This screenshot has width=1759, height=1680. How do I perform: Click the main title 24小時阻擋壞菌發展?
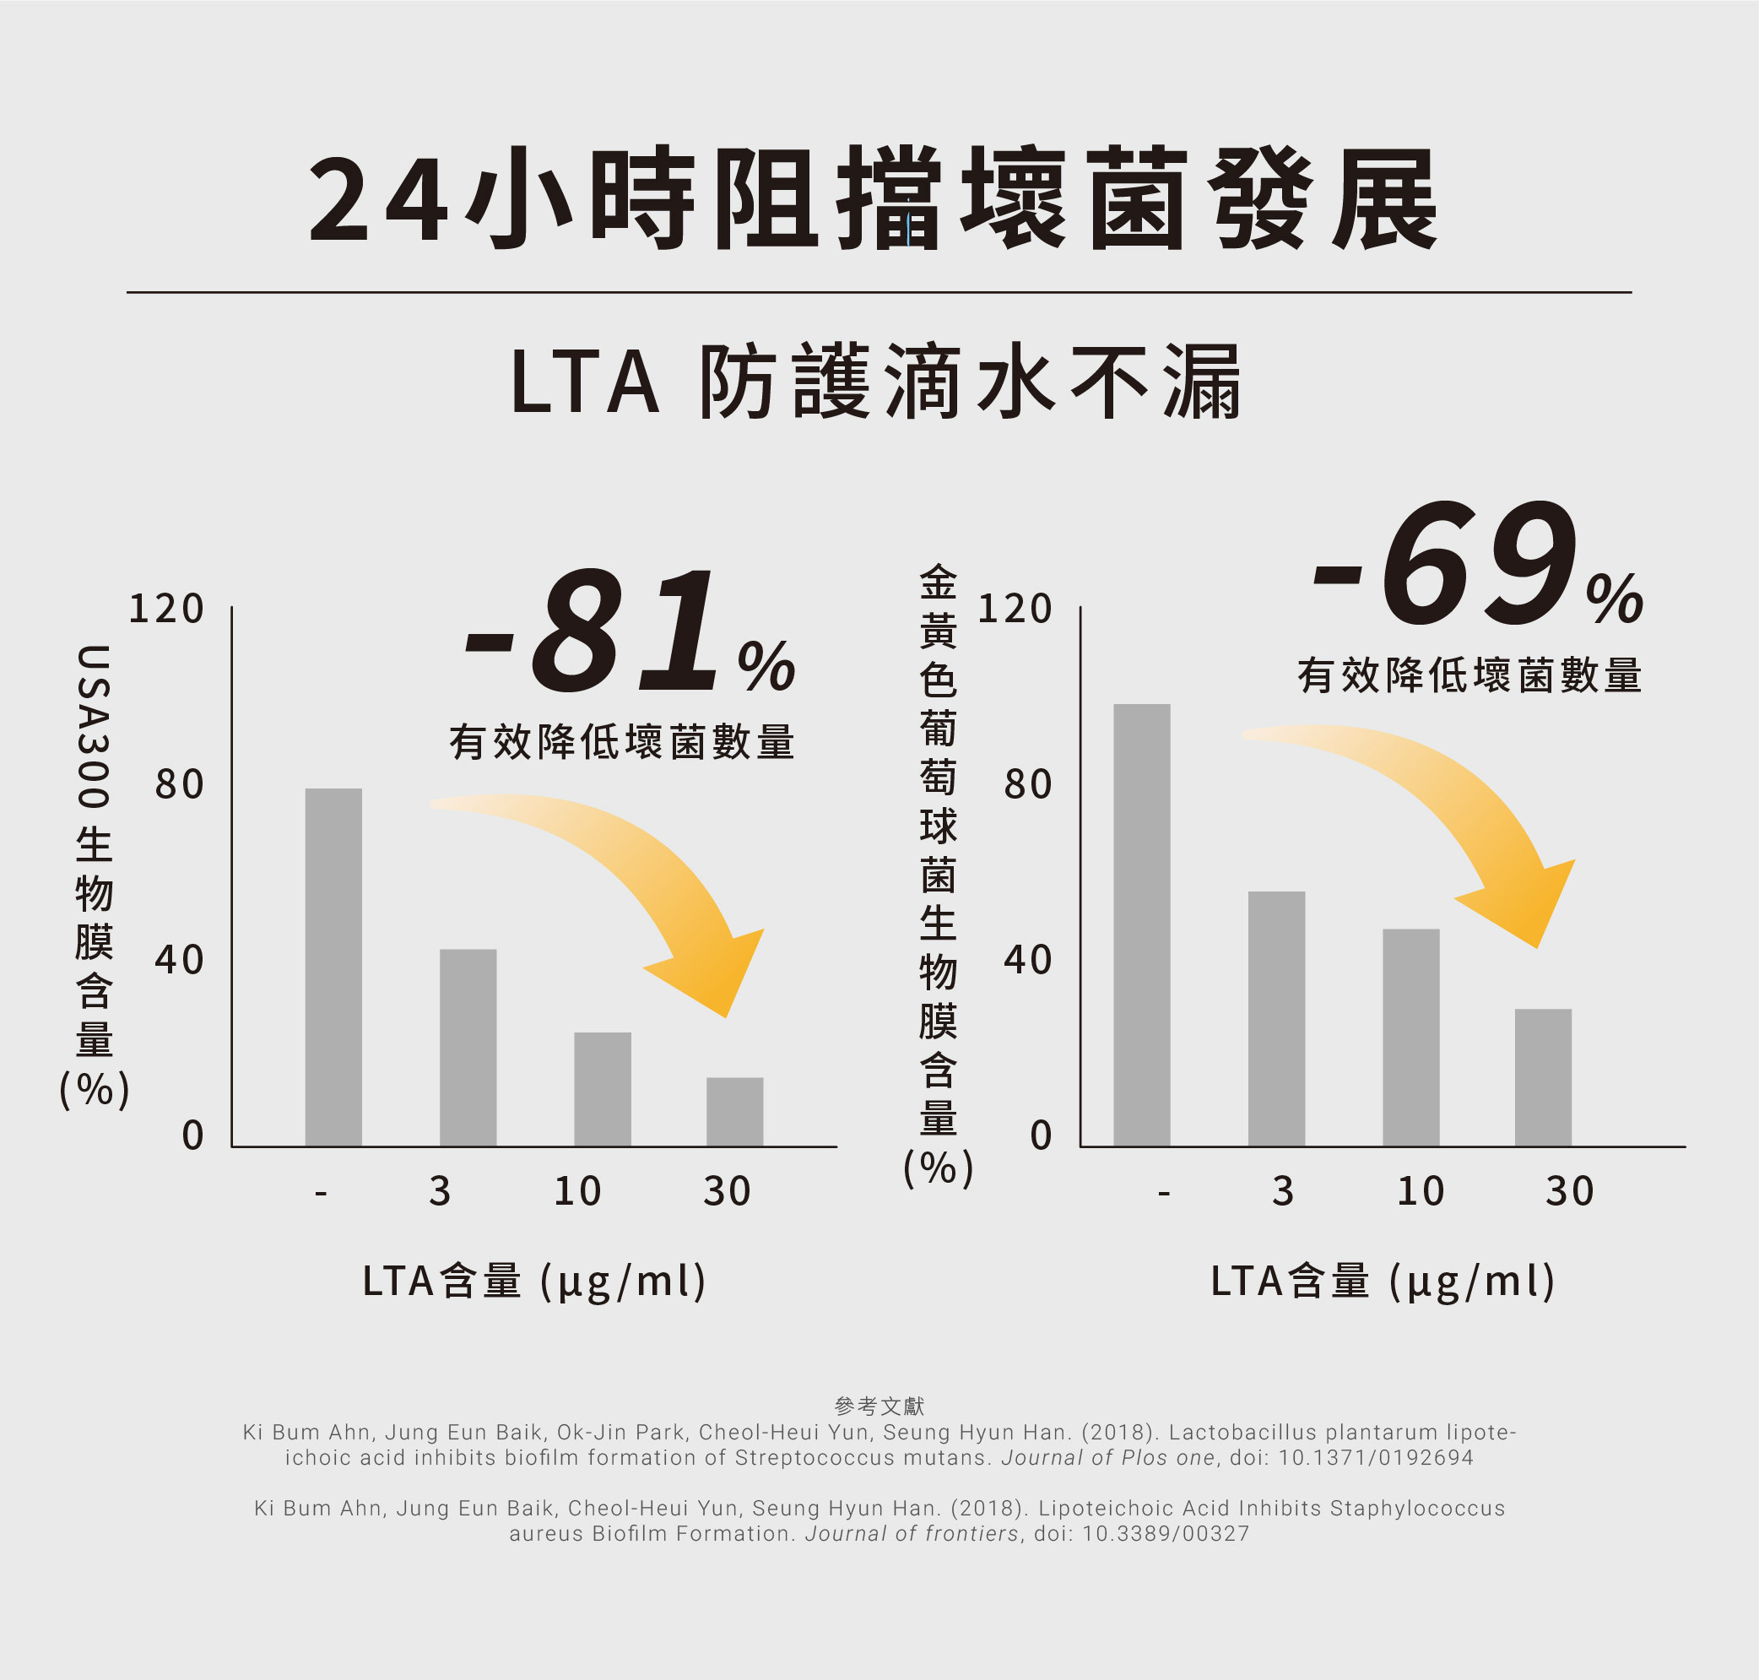click(873, 198)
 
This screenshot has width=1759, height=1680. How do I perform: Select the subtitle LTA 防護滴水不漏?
click(875, 382)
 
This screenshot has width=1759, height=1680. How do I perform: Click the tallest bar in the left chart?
click(333, 967)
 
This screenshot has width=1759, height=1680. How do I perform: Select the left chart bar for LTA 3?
click(468, 1048)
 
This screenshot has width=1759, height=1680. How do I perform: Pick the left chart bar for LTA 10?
click(602, 1089)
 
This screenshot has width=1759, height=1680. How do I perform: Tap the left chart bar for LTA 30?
click(734, 1111)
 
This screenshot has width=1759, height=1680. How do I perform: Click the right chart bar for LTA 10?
click(1410, 1037)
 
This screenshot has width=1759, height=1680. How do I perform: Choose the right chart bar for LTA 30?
click(1543, 1077)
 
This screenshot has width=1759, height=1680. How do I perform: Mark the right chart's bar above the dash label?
click(1141, 925)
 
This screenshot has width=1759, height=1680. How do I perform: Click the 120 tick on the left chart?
click(166, 610)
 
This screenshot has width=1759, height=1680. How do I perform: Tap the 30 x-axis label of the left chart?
click(727, 1192)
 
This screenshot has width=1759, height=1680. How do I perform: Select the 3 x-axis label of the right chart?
click(1283, 1192)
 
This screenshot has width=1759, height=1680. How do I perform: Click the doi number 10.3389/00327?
click(1166, 1534)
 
